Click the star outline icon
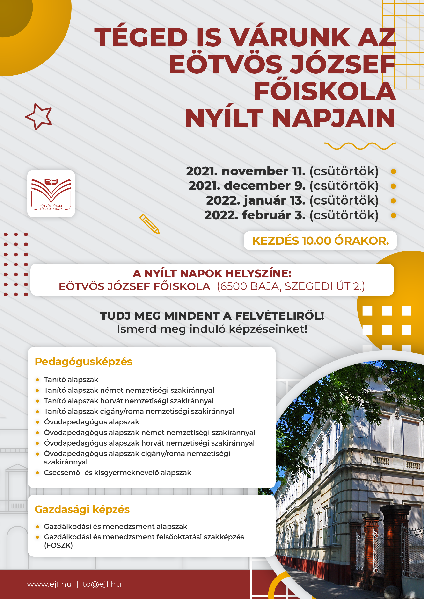pyautogui.click(x=39, y=116)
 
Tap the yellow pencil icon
pyautogui.click(x=149, y=224)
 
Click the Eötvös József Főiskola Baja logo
pyautogui.click(x=51, y=193)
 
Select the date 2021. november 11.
pyautogui.click(x=245, y=171)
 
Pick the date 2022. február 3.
pyautogui.click(x=255, y=215)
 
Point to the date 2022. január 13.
pyautogui.click(x=256, y=200)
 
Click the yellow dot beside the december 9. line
pyautogui.click(x=393, y=186)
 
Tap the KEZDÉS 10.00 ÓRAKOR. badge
pyautogui.click(x=320, y=241)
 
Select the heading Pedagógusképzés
pyautogui.click(x=84, y=362)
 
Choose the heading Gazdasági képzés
pyautogui.click(x=82, y=509)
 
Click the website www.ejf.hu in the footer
pyautogui.click(x=49, y=584)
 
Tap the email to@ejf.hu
pyautogui.click(x=102, y=584)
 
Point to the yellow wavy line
pyautogui.click(x=360, y=146)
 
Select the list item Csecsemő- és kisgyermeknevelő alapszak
pyautogui.click(x=117, y=473)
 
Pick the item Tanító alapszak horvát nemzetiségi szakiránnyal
pyautogui.click(x=129, y=401)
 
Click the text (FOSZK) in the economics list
pyautogui.click(x=58, y=545)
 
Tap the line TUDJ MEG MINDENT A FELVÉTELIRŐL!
pyautogui.click(x=212, y=316)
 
